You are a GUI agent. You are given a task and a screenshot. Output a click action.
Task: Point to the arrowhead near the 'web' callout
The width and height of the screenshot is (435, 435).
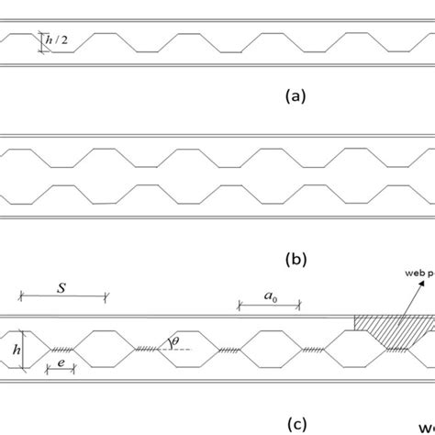coord(423,284)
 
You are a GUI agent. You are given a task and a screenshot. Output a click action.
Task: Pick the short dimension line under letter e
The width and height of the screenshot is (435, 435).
coord(61,367)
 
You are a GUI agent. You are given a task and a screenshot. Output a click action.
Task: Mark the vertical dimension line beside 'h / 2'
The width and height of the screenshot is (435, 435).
coord(41,42)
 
